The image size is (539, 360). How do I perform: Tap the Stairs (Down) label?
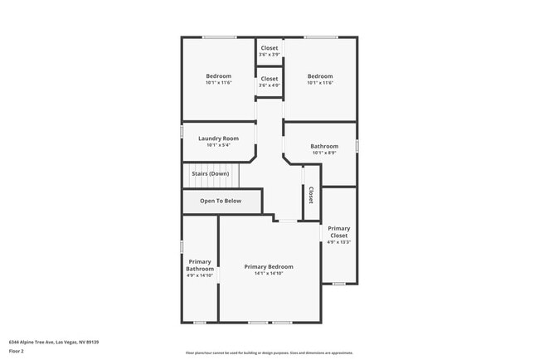[x=210, y=173]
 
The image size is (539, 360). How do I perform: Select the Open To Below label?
[x=221, y=201]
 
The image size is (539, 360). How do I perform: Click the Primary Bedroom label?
[x=269, y=266]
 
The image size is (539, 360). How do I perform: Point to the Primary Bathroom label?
[x=200, y=265]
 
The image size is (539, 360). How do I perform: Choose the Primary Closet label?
[x=338, y=232]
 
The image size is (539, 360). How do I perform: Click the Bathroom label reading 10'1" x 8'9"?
[x=324, y=146]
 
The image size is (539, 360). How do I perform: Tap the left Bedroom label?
[x=219, y=76]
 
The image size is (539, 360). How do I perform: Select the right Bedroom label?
[x=320, y=76]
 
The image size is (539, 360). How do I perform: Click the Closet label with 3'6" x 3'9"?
[x=269, y=48]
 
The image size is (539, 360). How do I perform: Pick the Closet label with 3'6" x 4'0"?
[x=269, y=79]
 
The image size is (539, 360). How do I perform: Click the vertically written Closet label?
[x=311, y=195]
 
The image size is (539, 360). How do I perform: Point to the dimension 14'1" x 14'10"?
[x=269, y=274]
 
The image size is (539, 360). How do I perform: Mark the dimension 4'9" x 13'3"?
[x=338, y=242]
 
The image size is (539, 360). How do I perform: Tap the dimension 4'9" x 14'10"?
[x=200, y=275]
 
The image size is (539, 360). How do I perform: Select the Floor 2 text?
[x=17, y=351]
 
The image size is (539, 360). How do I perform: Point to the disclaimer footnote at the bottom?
[x=269, y=352]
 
